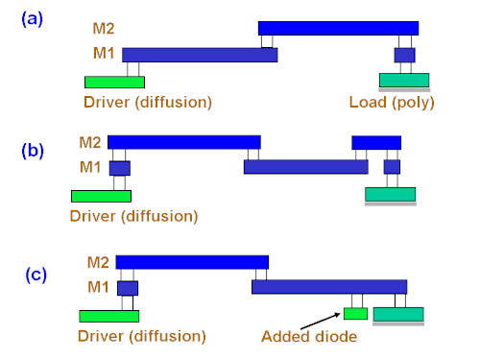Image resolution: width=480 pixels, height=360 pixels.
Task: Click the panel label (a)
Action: click(32, 19)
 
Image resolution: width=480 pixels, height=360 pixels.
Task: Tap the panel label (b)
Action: click(33, 150)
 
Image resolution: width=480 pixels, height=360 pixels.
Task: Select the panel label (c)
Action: click(36, 275)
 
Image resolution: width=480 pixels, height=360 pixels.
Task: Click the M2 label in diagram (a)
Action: click(104, 29)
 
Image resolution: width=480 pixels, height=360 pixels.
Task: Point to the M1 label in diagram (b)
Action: click(90, 167)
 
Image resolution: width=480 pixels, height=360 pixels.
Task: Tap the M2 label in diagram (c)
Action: click(98, 262)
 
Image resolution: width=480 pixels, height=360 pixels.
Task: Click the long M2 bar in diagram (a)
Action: click(338, 28)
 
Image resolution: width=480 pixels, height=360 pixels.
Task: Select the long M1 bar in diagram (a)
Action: click(200, 55)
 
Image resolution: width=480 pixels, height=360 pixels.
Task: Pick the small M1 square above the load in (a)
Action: click(404, 55)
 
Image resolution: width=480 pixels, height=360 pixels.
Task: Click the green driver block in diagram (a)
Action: click(114, 82)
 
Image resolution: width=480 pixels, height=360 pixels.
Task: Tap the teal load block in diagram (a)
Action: click(404, 80)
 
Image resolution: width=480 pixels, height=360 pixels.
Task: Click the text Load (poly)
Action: click(392, 103)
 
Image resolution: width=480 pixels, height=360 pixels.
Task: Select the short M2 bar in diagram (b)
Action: click(376, 143)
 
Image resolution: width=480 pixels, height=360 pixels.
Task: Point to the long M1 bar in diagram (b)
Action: click(306, 167)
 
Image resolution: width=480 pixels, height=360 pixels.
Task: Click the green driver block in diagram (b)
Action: click(101, 196)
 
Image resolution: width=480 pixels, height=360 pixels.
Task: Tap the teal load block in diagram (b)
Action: click(391, 194)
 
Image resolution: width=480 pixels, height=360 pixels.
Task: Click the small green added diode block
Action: click(355, 314)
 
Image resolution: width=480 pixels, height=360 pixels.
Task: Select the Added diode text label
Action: click(309, 337)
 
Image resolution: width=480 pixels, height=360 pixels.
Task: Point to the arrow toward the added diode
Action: click(321, 321)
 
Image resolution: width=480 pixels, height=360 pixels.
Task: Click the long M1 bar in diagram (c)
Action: click(329, 287)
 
